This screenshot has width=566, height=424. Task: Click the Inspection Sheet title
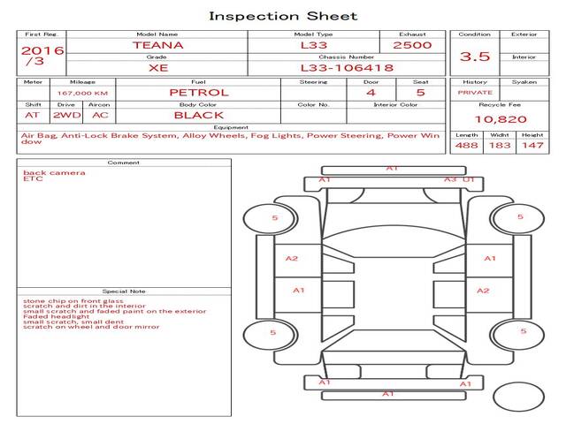coord(283,16)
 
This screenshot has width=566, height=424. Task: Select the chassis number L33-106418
coord(346,67)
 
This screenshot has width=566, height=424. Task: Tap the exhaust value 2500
coord(412,44)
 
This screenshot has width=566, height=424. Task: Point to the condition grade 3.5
coord(475,57)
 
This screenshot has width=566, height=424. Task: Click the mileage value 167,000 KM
coord(82,93)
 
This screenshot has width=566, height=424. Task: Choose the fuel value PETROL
coord(199,92)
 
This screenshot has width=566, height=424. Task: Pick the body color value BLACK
coord(199,115)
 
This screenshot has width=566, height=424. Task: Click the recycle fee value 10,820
coord(500,118)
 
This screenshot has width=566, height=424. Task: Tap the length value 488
coord(467,145)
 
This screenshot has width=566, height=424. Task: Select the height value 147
coord(532,145)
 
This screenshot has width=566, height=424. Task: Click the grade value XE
coord(157,67)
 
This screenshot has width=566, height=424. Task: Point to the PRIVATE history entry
coord(475,93)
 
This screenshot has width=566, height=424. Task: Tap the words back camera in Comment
coord(55,173)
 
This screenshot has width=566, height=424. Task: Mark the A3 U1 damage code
coord(459,179)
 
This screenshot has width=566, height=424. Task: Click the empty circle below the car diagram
coord(518,397)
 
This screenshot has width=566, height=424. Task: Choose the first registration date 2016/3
coord(42,56)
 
